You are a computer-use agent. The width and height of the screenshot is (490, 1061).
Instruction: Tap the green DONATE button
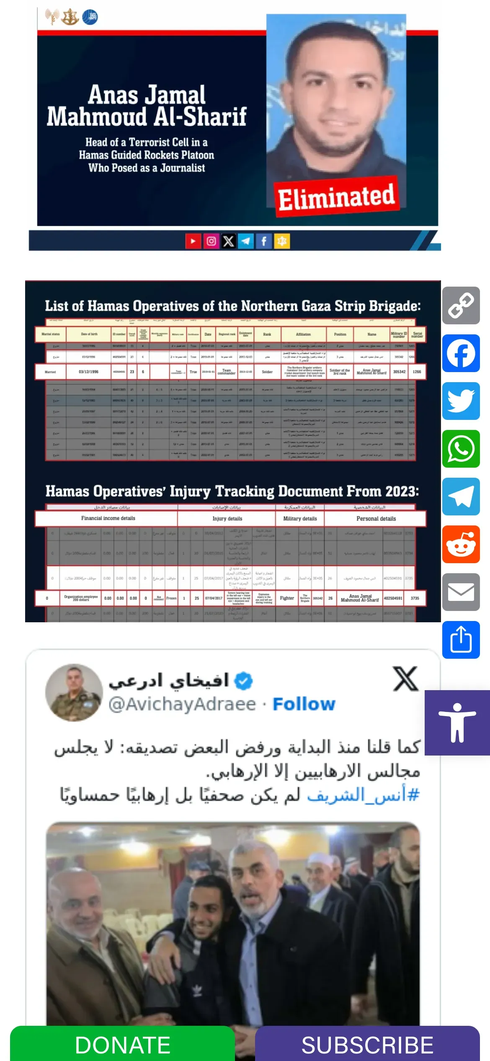coord(122,1044)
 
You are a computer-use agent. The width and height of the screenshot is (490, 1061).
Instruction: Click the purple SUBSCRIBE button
coord(367,1044)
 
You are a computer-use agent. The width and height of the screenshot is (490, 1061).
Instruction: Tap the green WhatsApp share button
coord(461,449)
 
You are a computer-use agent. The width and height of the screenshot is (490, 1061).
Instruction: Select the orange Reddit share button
coord(461,544)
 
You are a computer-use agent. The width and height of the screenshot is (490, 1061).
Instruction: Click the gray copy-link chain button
coord(461,305)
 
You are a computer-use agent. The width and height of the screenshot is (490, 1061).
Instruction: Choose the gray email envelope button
coord(461,592)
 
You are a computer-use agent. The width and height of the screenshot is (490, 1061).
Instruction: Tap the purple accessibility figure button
coord(457,723)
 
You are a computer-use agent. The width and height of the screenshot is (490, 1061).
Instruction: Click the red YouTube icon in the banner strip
coord(193,241)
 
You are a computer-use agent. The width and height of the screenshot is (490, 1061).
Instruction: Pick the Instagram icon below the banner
coord(211,241)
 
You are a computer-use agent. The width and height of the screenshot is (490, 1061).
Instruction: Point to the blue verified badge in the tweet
coord(243,681)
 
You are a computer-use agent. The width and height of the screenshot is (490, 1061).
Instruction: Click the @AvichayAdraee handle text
coord(182,704)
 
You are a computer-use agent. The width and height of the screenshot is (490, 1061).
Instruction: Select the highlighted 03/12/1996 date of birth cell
coord(89,372)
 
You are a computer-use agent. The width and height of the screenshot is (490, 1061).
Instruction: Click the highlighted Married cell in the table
coord(50,372)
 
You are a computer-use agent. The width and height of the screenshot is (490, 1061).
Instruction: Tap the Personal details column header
coord(376,519)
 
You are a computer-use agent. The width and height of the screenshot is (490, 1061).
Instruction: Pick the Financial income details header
coord(108,518)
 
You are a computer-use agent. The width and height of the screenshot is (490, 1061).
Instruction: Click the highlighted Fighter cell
coord(287,598)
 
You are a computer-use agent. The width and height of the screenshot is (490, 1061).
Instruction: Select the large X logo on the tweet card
coord(405,679)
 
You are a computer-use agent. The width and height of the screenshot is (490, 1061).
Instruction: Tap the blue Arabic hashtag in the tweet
coord(363,795)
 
